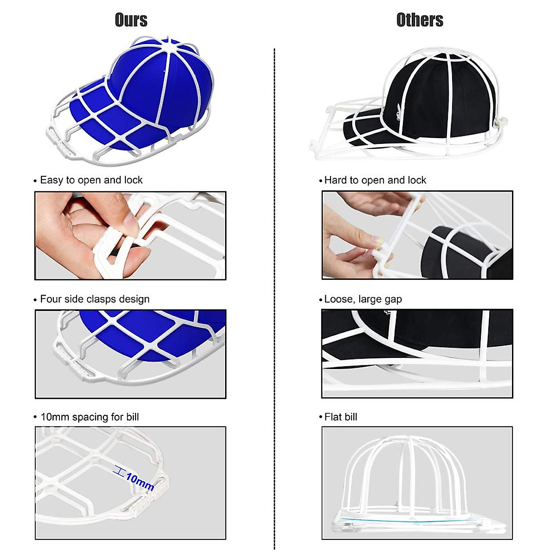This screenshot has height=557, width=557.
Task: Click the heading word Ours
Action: (131, 20)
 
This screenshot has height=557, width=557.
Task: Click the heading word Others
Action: (420, 20)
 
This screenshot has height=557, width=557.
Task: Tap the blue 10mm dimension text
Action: (140, 482)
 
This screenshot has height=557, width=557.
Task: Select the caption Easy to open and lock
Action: (91, 180)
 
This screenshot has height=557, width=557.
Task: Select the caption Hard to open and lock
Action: (375, 180)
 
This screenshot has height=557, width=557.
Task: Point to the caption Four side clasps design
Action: (94, 299)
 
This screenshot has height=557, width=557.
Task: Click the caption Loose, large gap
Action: (363, 299)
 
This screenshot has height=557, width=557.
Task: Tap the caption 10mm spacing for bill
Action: (89, 417)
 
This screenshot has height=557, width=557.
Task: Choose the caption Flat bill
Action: (340, 417)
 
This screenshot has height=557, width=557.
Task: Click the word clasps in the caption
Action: (103, 299)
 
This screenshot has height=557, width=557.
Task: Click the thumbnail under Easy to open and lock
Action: (130, 236)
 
